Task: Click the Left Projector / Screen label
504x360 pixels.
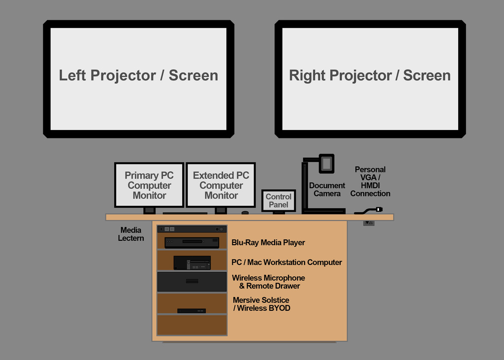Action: (138, 75)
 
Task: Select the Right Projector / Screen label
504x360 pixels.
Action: (370, 75)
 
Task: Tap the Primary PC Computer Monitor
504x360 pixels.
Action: (149, 185)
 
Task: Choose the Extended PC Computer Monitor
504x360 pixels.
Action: (221, 185)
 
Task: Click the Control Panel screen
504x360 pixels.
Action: (279, 200)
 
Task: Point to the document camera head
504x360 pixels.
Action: (326, 164)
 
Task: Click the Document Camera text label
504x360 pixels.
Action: (327, 190)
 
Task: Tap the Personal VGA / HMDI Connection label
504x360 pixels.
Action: (370, 182)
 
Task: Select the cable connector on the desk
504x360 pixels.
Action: (378, 209)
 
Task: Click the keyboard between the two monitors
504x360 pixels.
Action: (185, 213)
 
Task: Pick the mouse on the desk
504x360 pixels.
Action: (245, 213)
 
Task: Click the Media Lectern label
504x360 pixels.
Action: (131, 234)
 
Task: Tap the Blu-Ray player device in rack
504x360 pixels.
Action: (191, 242)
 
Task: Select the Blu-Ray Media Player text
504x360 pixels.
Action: (268, 242)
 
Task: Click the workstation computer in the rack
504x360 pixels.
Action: (192, 262)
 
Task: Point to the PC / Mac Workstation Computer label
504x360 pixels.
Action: (286, 262)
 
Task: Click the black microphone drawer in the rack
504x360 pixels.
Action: (192, 282)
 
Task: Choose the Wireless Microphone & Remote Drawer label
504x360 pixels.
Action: (269, 282)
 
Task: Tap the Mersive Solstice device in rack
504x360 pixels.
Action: (191, 311)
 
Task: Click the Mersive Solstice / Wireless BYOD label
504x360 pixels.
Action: (261, 304)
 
